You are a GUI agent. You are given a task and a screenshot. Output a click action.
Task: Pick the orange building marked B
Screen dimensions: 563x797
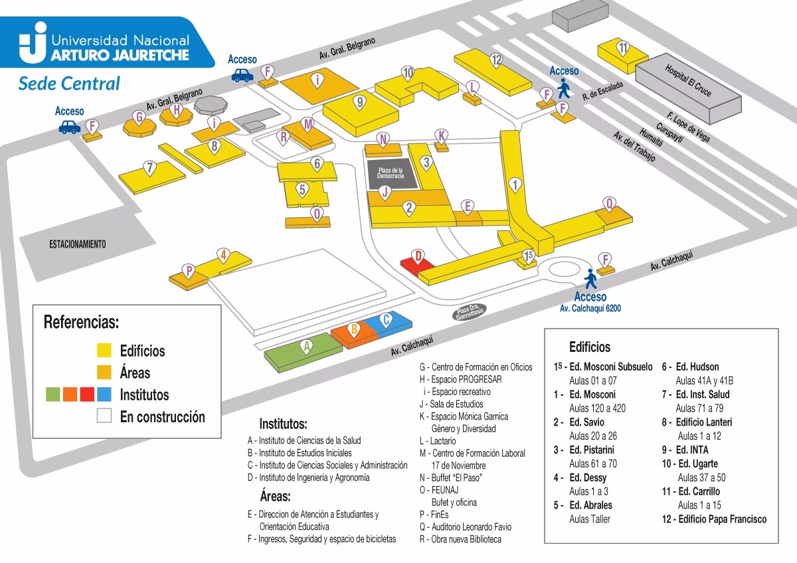coord(355,333)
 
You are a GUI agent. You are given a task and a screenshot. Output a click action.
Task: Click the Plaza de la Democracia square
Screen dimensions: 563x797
coord(391,174)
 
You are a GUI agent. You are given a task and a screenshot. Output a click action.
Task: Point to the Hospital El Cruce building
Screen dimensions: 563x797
coord(687,83)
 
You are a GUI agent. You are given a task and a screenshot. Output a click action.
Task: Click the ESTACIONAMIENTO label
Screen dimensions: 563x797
coord(78,244)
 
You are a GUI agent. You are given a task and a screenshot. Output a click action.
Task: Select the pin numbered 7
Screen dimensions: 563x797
coord(151,167)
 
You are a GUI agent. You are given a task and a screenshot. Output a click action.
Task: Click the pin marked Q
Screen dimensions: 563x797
coord(609,203)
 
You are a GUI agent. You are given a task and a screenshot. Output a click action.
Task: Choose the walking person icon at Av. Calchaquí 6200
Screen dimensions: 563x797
coord(588,278)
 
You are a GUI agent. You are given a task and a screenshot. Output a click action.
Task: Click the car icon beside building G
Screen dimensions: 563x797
coord(69,127)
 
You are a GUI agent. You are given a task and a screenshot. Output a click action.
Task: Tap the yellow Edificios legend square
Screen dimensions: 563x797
coord(104,351)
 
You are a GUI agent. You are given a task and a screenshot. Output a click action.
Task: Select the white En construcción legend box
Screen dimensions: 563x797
coord(104,417)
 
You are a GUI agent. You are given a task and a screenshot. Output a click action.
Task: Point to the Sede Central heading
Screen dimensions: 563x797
coord(69,84)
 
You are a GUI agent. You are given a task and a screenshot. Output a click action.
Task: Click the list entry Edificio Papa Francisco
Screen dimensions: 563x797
coord(720,519)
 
